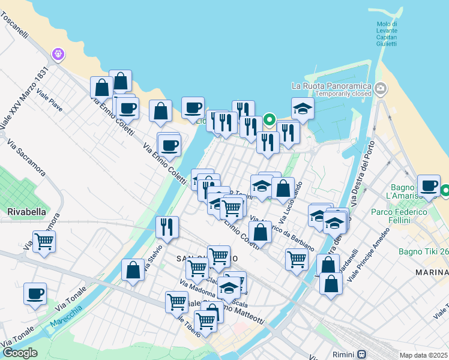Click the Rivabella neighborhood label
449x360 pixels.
[x=23, y=211]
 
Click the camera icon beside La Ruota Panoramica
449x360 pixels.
[x=380, y=89]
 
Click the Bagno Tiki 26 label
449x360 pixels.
[x=423, y=251]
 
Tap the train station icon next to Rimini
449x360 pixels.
[x=362, y=354]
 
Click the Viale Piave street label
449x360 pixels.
[x=49, y=100]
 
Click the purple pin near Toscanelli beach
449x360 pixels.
[x=58, y=54]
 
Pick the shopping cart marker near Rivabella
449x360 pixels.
[x=44, y=241]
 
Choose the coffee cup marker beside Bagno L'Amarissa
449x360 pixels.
[x=429, y=185]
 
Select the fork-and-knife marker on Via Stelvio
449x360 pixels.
[x=166, y=226]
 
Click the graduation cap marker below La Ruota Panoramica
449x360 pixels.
[x=303, y=109]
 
